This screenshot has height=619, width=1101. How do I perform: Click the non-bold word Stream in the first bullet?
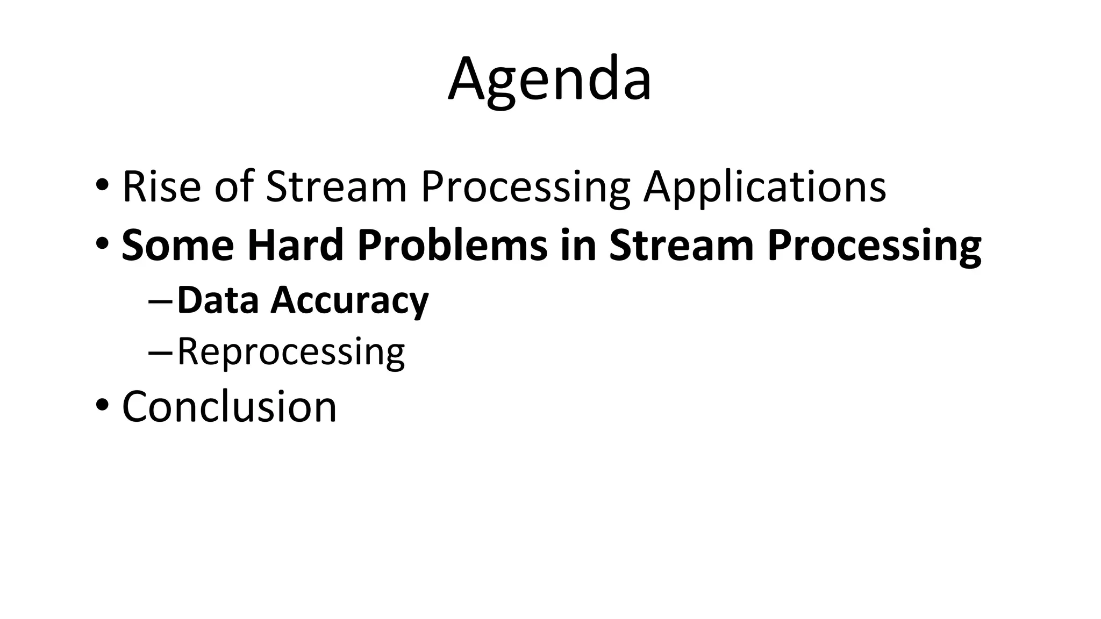tap(336, 187)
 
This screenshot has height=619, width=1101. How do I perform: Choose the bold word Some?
tap(178, 245)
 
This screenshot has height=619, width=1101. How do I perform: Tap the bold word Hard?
tap(295, 245)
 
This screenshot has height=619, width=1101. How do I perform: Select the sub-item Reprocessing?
tap(291, 352)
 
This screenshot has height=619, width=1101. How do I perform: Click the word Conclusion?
tap(230, 406)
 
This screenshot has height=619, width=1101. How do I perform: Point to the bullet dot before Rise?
tap(102, 185)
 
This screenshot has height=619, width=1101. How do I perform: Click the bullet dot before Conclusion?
tap(102, 405)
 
